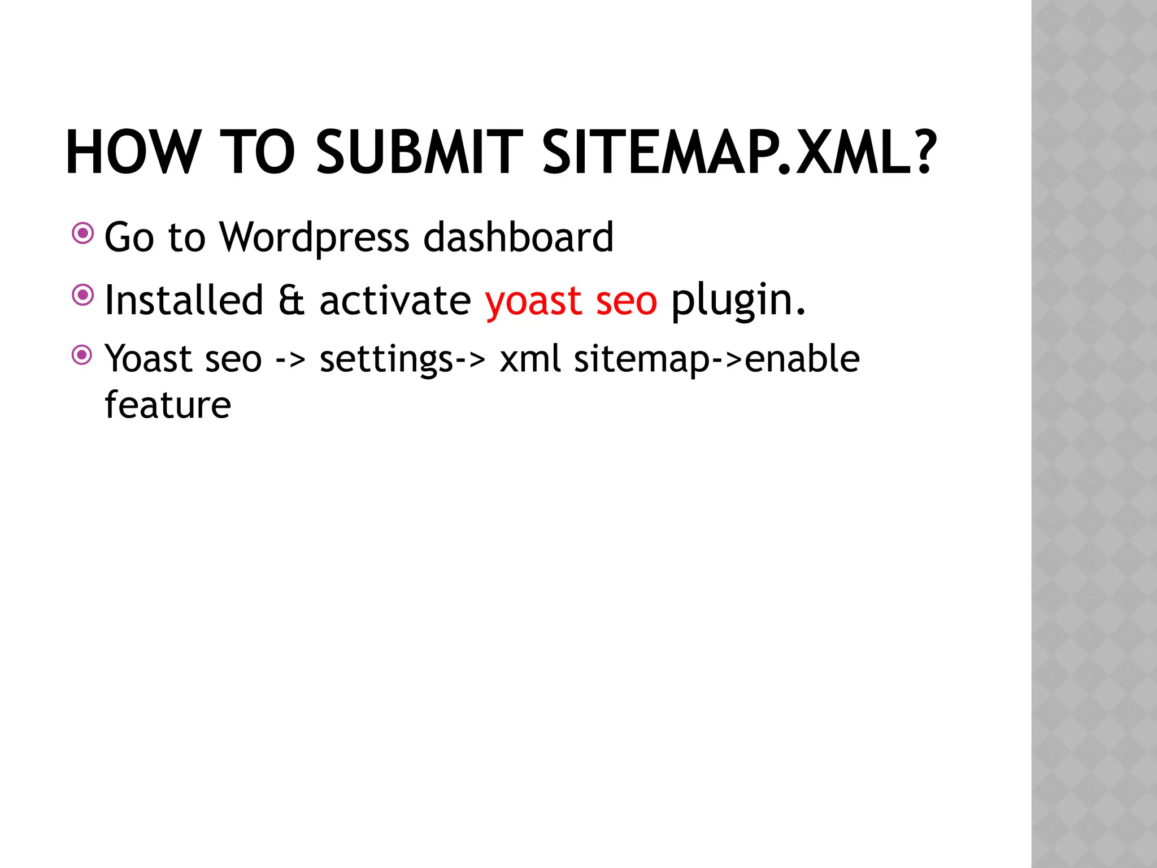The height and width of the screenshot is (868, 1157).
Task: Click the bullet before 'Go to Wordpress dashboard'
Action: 83,233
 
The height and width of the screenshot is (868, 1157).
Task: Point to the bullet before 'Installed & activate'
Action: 83,294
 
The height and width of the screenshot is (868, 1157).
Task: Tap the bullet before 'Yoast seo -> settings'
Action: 83,355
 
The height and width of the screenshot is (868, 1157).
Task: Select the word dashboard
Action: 518,237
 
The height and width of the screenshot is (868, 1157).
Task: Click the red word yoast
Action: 533,301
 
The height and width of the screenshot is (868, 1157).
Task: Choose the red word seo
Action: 627,301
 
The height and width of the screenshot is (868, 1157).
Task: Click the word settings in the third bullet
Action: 386,359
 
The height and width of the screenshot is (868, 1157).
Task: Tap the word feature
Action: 168,405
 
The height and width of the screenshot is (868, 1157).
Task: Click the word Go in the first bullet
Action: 129,237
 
